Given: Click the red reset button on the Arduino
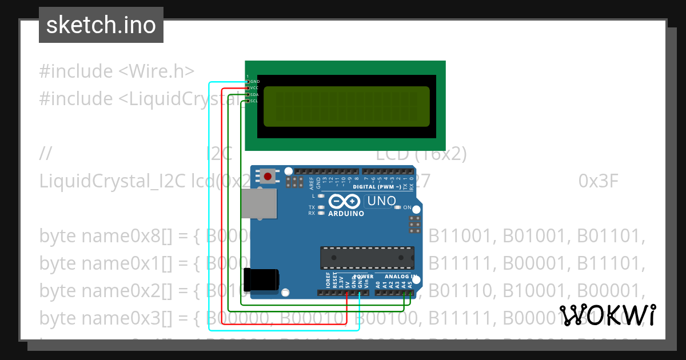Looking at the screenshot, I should click(x=267, y=175).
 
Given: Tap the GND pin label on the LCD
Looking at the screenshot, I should click(x=255, y=82).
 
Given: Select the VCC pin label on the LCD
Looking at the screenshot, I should click(x=255, y=88).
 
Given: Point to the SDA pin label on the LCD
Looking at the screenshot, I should click(x=255, y=94).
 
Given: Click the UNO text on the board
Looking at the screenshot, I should click(x=381, y=201).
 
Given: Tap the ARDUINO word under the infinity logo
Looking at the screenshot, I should click(x=346, y=214).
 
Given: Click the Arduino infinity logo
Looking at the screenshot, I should click(x=345, y=202).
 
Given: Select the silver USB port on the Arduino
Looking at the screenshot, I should click(x=258, y=204).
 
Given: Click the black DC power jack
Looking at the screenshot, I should click(x=261, y=280).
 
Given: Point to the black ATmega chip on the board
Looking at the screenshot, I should click(x=366, y=258).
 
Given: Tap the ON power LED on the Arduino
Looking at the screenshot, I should click(x=398, y=207).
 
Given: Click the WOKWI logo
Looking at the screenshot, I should click(x=607, y=315).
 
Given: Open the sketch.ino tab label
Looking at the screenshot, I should click(x=101, y=25).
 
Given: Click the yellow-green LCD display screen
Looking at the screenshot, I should click(x=346, y=106).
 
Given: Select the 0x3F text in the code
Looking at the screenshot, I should click(x=599, y=181).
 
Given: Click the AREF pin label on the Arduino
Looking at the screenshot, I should click(x=312, y=183).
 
